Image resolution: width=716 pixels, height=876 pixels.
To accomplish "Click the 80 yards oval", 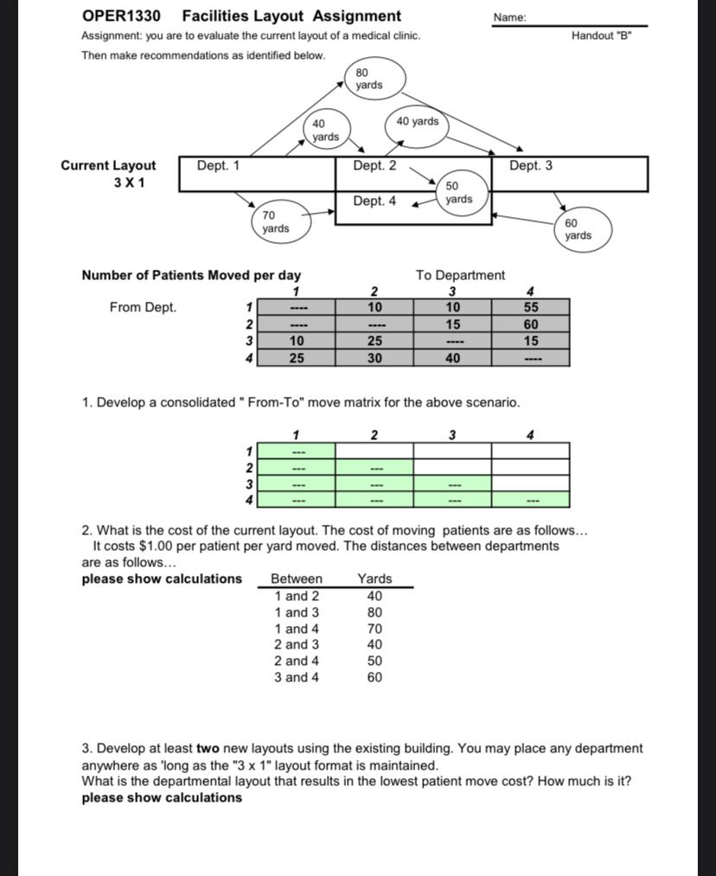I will pyautogui.click(x=368, y=79).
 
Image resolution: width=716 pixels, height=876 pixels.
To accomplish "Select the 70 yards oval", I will pyautogui.click(x=276, y=221).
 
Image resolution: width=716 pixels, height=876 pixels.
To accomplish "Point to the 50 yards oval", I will pyautogui.click(x=458, y=193).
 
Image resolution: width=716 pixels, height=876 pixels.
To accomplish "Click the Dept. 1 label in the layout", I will pyautogui.click(x=219, y=165).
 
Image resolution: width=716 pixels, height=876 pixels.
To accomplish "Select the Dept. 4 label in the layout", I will pyautogui.click(x=374, y=201).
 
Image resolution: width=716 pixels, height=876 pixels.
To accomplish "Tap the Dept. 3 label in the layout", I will pyautogui.click(x=530, y=165).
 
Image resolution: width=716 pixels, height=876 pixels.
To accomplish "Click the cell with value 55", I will pyautogui.click(x=530, y=307).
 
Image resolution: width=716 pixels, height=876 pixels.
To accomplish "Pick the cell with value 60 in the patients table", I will pyautogui.click(x=530, y=324).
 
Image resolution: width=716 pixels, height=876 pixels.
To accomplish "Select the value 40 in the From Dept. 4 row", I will pyautogui.click(x=452, y=358).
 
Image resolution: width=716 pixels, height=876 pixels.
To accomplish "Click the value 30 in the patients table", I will pyautogui.click(x=374, y=358).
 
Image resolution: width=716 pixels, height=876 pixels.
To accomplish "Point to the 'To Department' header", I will pyautogui.click(x=460, y=275).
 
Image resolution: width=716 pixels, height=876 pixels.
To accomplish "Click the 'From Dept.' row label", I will pyautogui.click(x=143, y=307).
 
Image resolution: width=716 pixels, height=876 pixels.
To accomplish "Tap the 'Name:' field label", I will pyautogui.click(x=509, y=17).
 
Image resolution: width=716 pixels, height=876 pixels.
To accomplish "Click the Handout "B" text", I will pyautogui.click(x=602, y=36).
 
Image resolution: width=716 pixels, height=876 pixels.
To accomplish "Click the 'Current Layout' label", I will pyautogui.click(x=108, y=165).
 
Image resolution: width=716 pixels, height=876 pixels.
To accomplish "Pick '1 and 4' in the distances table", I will pyautogui.click(x=297, y=629).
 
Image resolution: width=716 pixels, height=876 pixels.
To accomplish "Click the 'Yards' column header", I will pyautogui.click(x=374, y=579).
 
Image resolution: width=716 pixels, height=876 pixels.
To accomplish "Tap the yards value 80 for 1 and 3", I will pyautogui.click(x=374, y=612).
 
